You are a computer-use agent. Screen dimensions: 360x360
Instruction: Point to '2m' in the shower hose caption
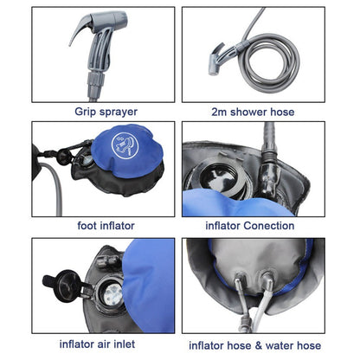click(x=220, y=110)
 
